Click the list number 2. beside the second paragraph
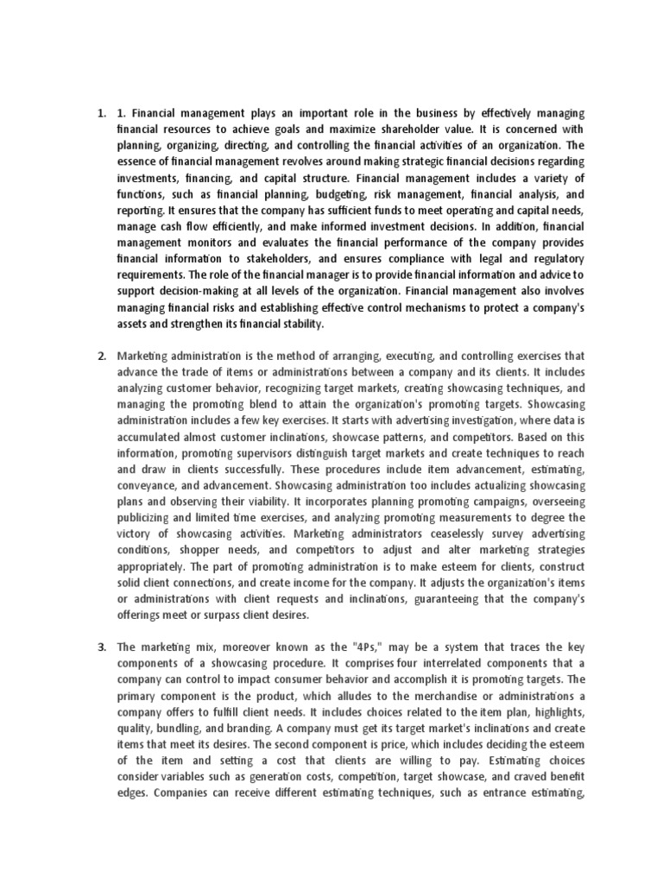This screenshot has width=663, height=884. (x=101, y=356)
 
